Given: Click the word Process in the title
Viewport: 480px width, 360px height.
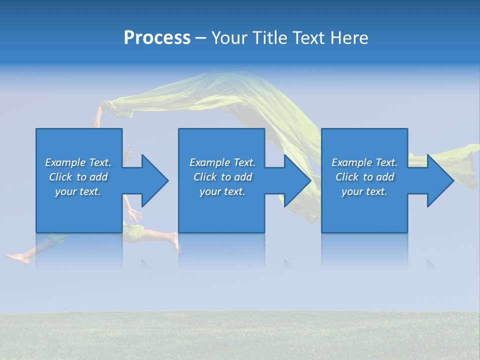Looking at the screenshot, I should point(157,38).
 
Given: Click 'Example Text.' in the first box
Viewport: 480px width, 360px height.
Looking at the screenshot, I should point(78,162).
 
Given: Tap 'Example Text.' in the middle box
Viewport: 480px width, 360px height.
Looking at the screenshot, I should point(222,162).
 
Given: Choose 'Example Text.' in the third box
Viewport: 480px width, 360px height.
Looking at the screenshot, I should point(364,162).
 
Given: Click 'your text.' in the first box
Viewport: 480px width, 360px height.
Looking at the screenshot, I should point(78,191).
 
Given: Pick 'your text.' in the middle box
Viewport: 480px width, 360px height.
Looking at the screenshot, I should point(222,191).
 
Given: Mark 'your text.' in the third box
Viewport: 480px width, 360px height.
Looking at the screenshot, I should point(364,191).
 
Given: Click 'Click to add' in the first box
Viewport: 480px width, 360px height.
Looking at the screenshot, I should point(78,177).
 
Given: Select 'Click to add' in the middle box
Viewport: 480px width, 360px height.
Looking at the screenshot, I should point(222,177).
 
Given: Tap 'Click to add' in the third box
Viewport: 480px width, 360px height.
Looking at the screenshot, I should point(364,177).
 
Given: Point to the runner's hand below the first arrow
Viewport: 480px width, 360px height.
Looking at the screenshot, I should point(134,215).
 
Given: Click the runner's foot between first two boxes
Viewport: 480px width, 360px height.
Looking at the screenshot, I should point(174,242).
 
